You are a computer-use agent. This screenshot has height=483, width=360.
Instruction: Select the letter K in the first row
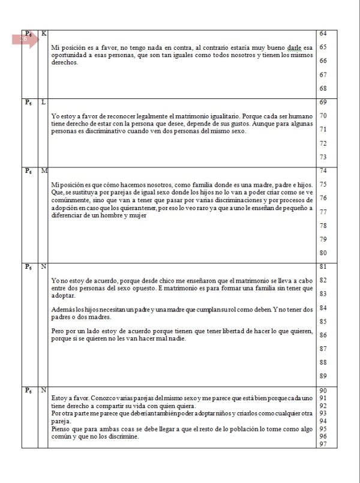coord(44,33)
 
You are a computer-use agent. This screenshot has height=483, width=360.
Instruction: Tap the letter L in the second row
coord(44,102)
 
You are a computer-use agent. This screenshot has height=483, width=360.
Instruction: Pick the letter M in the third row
coord(44,171)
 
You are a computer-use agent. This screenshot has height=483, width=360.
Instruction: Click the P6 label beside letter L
coord(28,102)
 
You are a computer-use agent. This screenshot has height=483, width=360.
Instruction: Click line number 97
coord(323,444)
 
